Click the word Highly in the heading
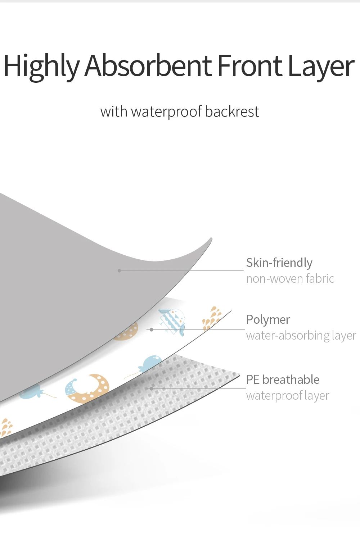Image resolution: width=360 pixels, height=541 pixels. (41, 66)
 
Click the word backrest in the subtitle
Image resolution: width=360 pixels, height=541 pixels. (232, 112)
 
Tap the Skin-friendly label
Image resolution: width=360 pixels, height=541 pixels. (279, 263)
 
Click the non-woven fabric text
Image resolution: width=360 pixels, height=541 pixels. (290, 278)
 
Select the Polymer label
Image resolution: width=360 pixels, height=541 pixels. (268, 319)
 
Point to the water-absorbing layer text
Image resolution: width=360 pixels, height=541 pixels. (301, 335)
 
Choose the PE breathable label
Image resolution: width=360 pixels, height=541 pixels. (283, 379)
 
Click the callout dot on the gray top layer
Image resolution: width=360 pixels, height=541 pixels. (119, 270)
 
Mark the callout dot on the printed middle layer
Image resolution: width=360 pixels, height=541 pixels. (152, 329)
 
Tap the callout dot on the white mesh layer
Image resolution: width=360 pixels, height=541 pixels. (152, 388)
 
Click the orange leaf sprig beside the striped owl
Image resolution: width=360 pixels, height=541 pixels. (212, 318)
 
